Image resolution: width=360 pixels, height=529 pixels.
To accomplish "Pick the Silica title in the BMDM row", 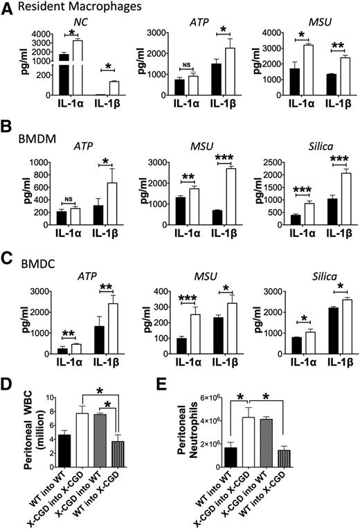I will (x=303, y=151).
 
